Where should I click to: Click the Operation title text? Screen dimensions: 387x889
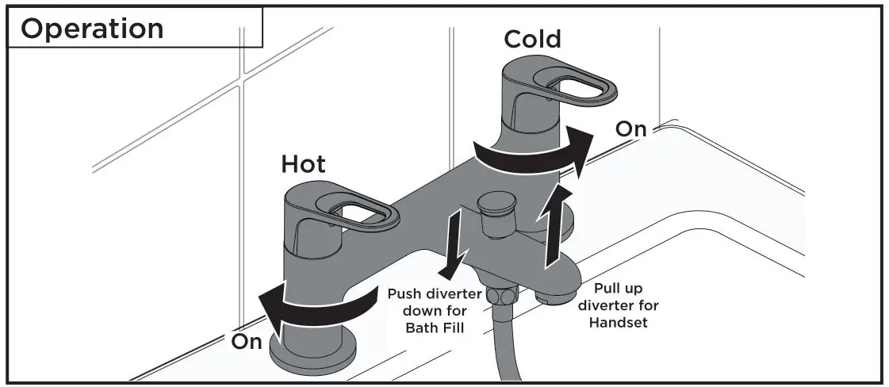click(92, 28)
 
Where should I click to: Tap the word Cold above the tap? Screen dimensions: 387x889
click(532, 39)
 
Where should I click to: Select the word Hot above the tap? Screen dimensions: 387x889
click(303, 164)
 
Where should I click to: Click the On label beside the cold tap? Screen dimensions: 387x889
click(631, 129)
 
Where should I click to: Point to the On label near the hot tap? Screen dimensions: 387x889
click(247, 343)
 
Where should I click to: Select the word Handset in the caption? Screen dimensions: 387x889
click(619, 322)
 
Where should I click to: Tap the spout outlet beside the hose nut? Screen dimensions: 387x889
click(550, 297)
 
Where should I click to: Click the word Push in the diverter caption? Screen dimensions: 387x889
click(405, 294)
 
